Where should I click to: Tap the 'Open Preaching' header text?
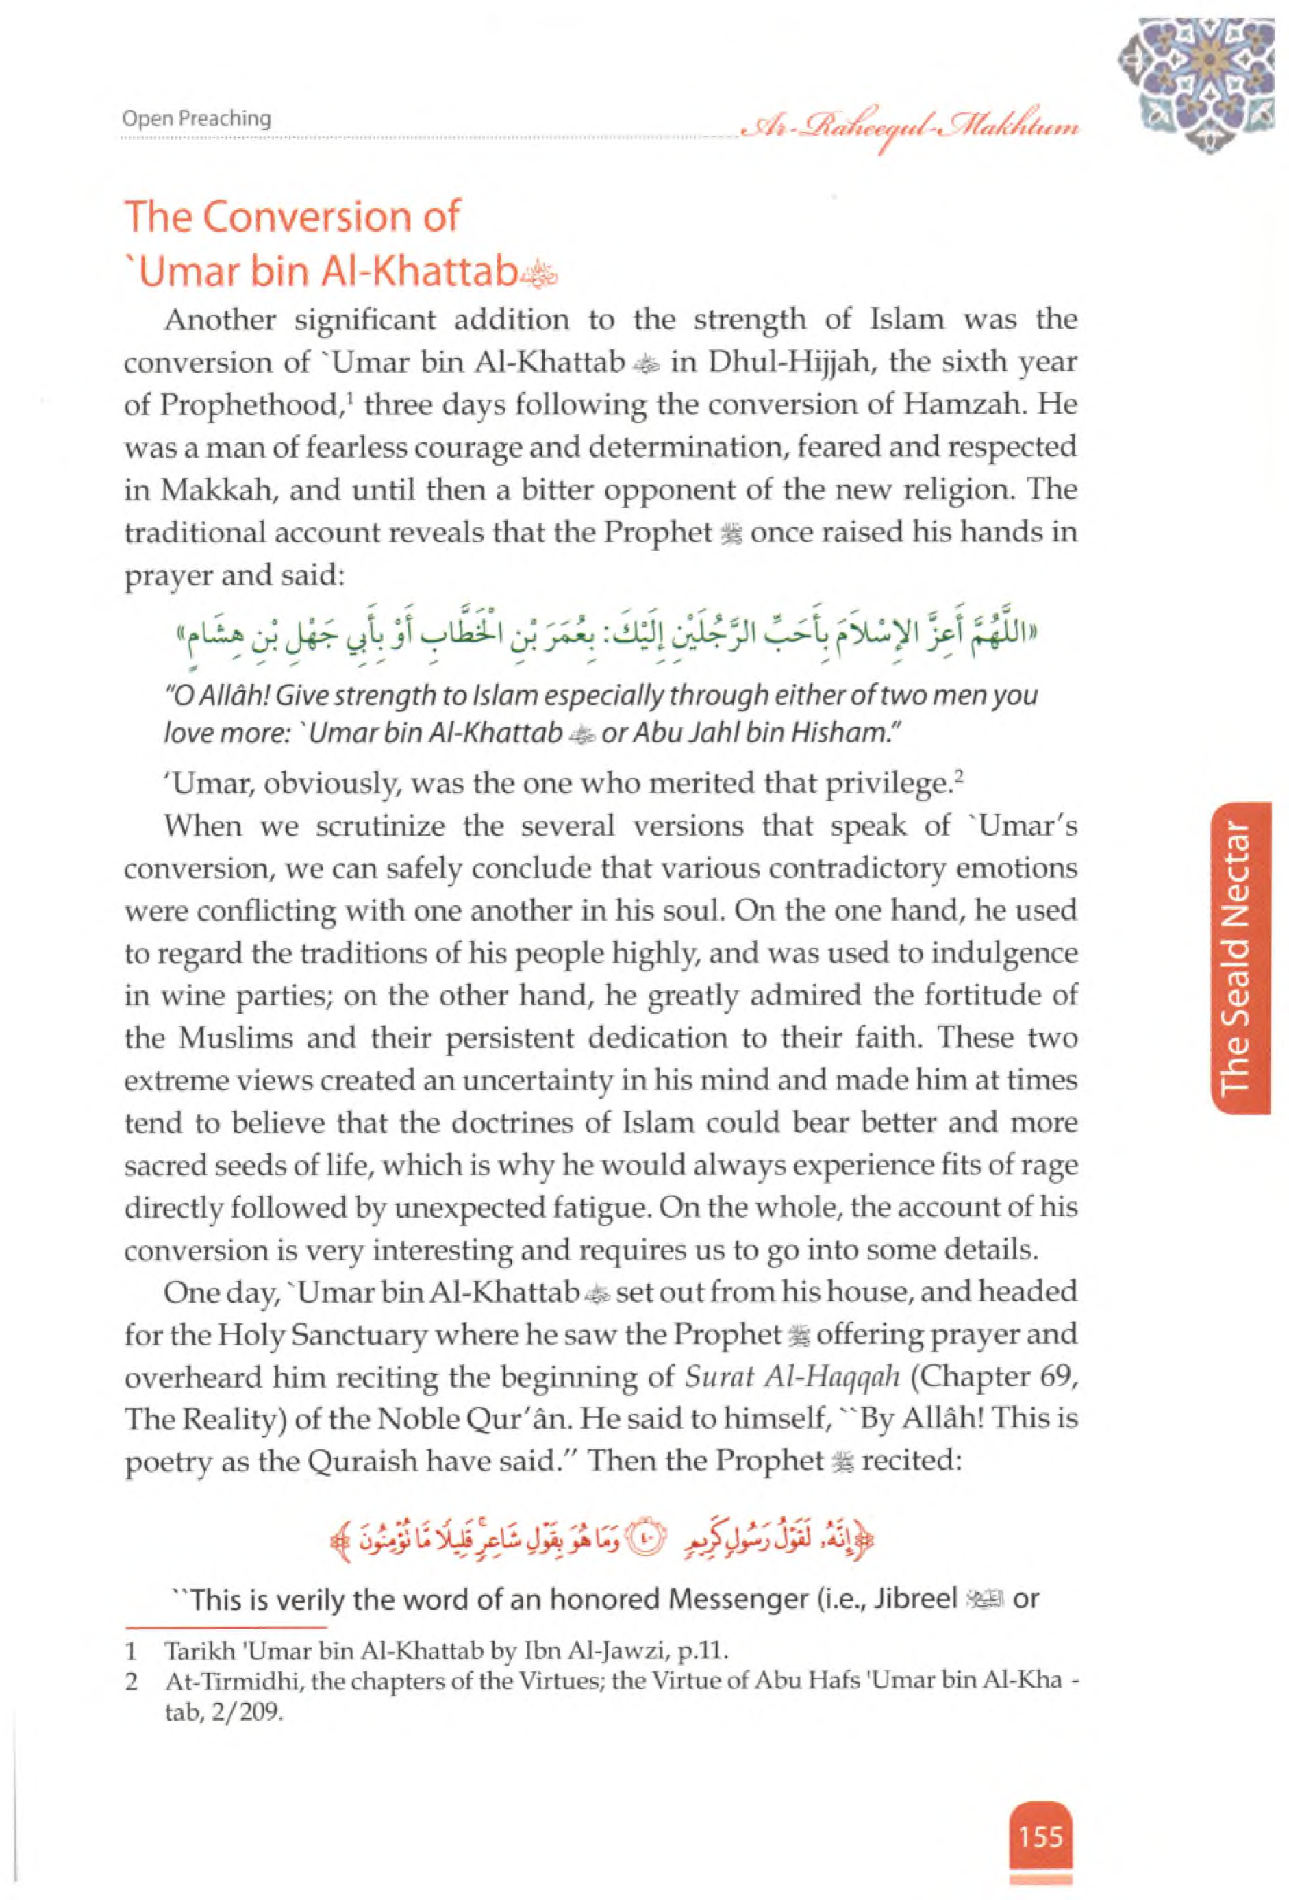tap(196, 118)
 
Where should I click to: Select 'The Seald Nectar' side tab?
tap(1241, 958)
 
